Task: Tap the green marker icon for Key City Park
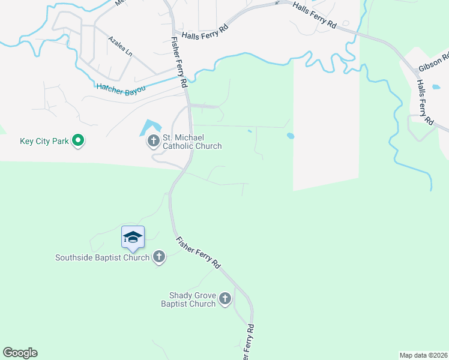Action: (x=77, y=141)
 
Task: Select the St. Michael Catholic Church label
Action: (x=192, y=142)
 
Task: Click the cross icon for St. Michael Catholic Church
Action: (x=153, y=142)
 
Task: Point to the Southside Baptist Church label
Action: (x=102, y=258)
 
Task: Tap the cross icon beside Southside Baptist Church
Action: (x=159, y=257)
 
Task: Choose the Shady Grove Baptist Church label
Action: (x=188, y=299)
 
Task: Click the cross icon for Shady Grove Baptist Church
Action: (x=225, y=299)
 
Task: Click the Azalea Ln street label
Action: (x=120, y=46)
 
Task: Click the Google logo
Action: (x=20, y=353)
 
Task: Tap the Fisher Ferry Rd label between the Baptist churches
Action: (x=199, y=253)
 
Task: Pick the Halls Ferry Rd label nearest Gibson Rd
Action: (x=423, y=103)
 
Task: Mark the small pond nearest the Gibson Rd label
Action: (x=435, y=87)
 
